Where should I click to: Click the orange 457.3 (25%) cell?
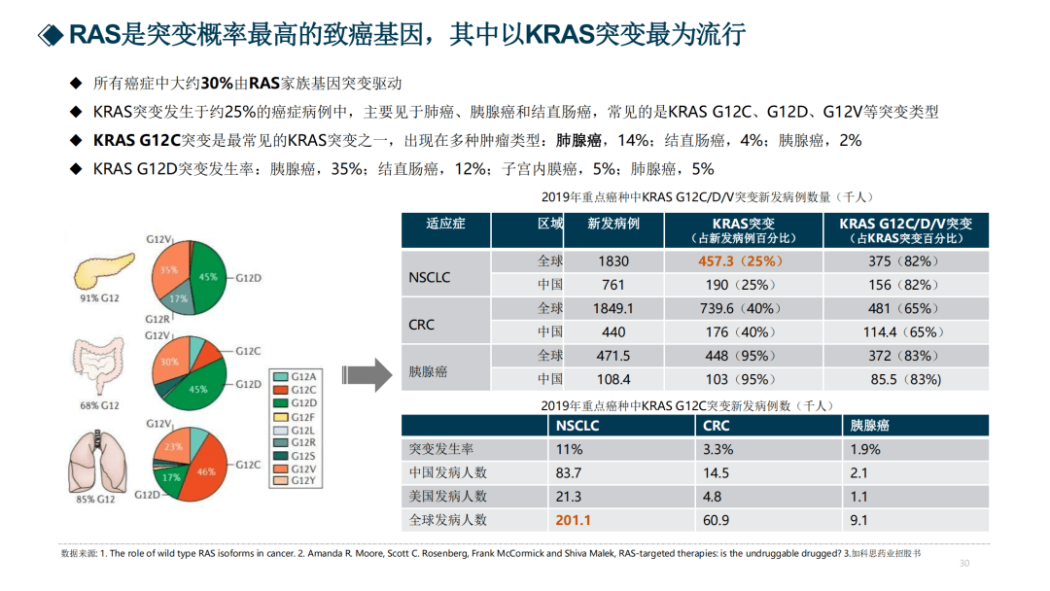[740, 261]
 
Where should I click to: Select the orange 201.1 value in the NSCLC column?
[573, 520]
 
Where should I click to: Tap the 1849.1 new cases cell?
[612, 308]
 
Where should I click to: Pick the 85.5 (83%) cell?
[904, 379]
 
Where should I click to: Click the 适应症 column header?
[445, 225]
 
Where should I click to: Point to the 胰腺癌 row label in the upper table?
[429, 371]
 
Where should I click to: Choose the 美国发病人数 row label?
[448, 497]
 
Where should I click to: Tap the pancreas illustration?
[99, 267]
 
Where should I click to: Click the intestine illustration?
[100, 367]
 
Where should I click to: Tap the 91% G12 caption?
[99, 298]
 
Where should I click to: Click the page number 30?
[964, 564]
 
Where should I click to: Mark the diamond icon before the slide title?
[51, 36]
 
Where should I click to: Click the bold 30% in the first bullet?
[218, 85]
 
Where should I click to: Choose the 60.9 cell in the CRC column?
[716, 520]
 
